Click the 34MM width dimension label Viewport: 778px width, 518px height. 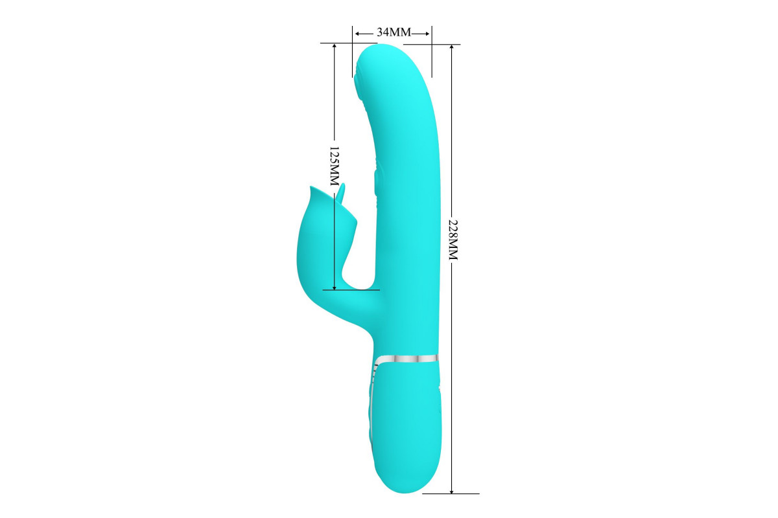394,32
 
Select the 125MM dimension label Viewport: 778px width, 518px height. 335,166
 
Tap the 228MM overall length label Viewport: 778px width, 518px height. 453,239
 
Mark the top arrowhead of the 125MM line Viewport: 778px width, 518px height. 335,47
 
